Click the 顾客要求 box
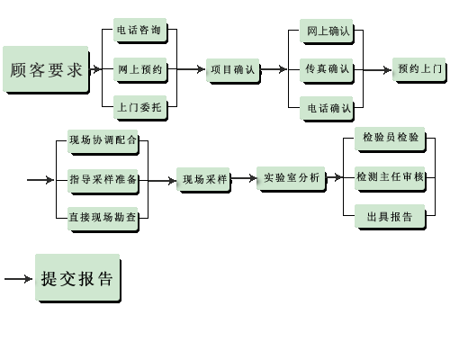click(x=46, y=69)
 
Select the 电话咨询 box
click(x=139, y=30)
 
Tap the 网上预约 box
click(x=139, y=69)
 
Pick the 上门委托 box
click(x=139, y=107)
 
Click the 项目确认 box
click(x=233, y=70)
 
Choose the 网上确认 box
click(x=327, y=31)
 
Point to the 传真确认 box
click(x=327, y=70)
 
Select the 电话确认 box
click(x=327, y=108)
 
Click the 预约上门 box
click(x=419, y=70)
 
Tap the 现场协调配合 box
click(x=103, y=141)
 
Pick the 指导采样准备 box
click(x=103, y=181)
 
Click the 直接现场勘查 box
click(x=103, y=219)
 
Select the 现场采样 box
click(x=203, y=179)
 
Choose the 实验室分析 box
click(x=291, y=178)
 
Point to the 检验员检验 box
click(x=391, y=139)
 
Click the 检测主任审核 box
click(x=391, y=178)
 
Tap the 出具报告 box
click(x=391, y=217)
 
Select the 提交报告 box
click(x=78, y=278)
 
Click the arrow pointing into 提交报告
click(x=18, y=279)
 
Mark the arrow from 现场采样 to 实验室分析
click(x=244, y=178)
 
